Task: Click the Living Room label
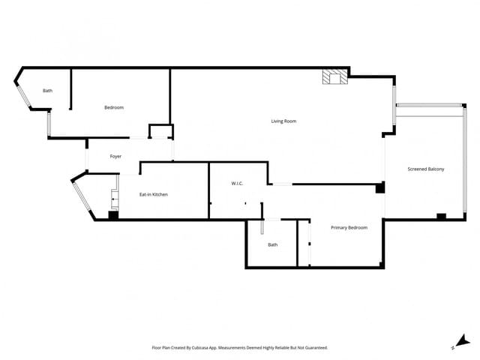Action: [283, 121]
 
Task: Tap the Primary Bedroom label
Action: [349, 227]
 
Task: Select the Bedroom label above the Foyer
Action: [113, 108]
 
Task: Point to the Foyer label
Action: [115, 157]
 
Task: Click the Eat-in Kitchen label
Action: [154, 194]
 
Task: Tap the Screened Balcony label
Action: [425, 169]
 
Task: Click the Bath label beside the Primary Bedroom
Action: [273, 244]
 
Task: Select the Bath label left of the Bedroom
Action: [47, 91]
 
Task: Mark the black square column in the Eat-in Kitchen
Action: [112, 215]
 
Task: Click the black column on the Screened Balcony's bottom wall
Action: [441, 217]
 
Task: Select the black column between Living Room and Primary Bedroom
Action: [379, 188]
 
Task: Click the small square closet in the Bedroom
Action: [160, 132]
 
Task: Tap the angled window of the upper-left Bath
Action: [22, 91]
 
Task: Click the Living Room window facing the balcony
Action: [394, 104]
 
